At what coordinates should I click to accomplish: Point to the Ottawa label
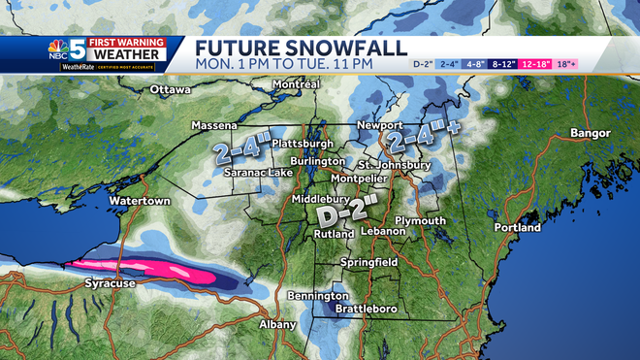(x=171, y=90)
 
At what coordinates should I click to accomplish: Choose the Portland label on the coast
(x=517, y=228)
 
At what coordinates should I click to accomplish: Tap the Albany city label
(x=277, y=324)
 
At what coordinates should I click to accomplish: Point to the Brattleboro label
(x=364, y=310)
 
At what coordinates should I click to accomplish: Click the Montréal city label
(x=297, y=84)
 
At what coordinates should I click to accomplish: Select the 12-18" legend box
(x=536, y=64)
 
